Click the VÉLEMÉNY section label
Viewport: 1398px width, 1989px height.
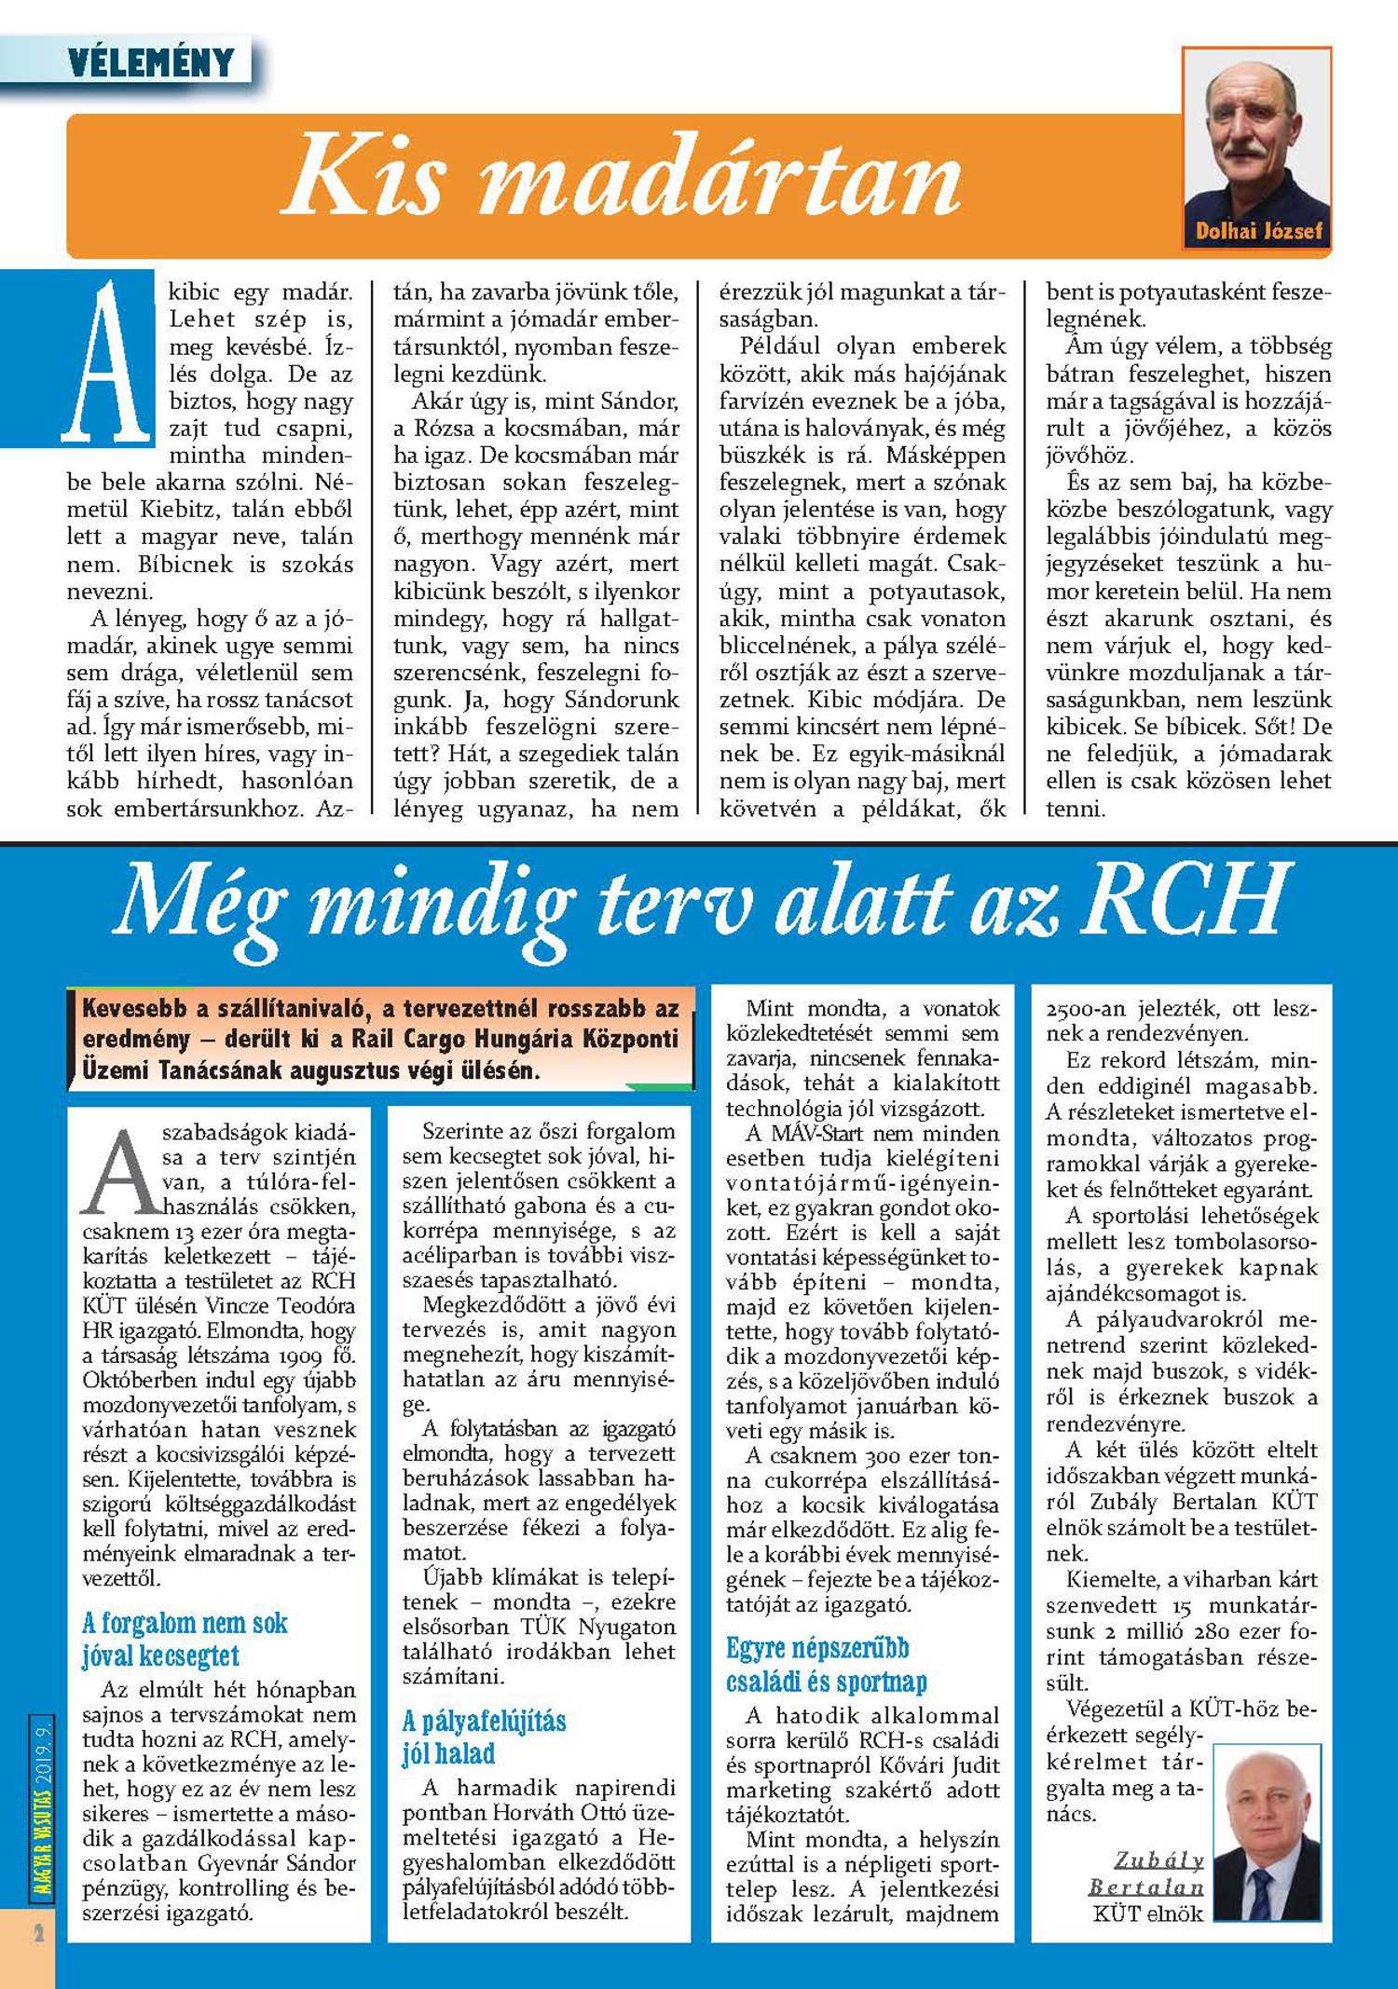151,62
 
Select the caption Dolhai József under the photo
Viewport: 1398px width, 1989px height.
1258,231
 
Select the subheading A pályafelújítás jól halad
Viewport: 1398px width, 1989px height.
484,1737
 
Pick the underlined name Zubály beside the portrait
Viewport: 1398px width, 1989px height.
1158,1860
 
